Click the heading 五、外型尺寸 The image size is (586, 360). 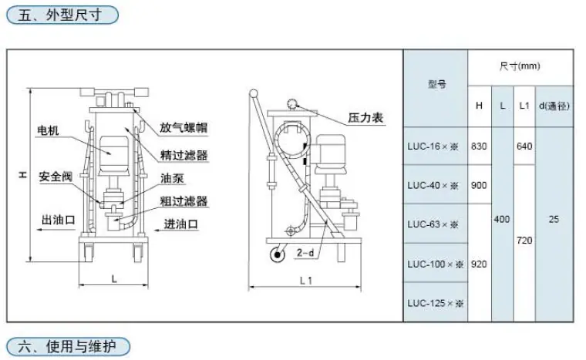pyautogui.click(x=60, y=15)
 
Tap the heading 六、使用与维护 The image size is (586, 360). pyautogui.click(x=67, y=346)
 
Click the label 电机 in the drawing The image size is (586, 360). pyautogui.click(x=48, y=130)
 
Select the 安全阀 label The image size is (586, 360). pyautogui.click(x=56, y=176)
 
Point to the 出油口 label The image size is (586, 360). pyautogui.click(x=59, y=220)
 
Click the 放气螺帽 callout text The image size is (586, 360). pyautogui.click(x=184, y=127)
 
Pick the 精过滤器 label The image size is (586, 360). pyautogui.click(x=184, y=155)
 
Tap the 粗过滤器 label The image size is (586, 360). pyautogui.click(x=184, y=201)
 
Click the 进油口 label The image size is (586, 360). pyautogui.click(x=181, y=224)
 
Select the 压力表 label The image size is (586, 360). pyautogui.click(x=365, y=118)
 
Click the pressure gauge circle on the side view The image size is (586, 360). pyautogui.click(x=292, y=104)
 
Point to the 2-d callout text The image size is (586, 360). pyautogui.click(x=305, y=253)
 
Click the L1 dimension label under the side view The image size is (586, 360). pyautogui.click(x=305, y=281)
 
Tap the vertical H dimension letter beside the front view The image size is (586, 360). pyautogui.click(x=23, y=174)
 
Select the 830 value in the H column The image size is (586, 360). pyautogui.click(x=479, y=146)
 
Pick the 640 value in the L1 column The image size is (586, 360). pyautogui.click(x=524, y=146)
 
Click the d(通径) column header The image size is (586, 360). pyautogui.click(x=554, y=106)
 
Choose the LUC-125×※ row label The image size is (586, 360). pyautogui.click(x=436, y=303)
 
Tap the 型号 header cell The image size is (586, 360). pyautogui.click(x=437, y=84)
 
